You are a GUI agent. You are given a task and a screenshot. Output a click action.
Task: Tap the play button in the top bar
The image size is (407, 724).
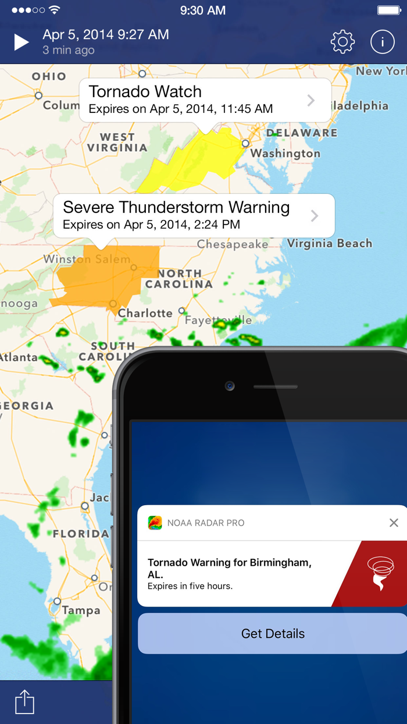tap(22, 42)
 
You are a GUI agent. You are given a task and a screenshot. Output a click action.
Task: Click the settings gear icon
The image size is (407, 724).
tap(342, 42)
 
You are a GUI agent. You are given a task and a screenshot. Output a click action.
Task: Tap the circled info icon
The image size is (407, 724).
tap(383, 42)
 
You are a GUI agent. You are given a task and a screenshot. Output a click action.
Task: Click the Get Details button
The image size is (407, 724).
tap(273, 634)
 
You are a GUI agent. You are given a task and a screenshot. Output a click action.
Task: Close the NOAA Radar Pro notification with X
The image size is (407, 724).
tap(394, 523)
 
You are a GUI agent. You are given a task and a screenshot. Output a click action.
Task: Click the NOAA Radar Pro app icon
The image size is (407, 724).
tap(155, 523)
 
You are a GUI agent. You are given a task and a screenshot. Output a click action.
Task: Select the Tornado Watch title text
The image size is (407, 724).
tap(145, 91)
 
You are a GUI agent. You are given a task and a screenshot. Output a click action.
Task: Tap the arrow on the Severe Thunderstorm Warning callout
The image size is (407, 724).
tap(315, 216)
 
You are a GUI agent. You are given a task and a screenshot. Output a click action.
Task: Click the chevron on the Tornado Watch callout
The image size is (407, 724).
tap(311, 100)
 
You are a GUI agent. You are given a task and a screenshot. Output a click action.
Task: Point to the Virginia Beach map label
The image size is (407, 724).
tap(330, 243)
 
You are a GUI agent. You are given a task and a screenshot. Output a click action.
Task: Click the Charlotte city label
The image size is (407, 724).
tap(145, 313)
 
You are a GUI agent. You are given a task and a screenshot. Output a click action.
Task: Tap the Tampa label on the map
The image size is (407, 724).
tap(81, 611)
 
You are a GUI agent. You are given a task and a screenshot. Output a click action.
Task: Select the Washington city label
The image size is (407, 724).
tap(285, 154)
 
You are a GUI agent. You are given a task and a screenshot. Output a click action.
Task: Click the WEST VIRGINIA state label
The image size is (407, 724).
tap(117, 143)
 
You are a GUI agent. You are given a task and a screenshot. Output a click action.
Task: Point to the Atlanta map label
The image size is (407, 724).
tap(19, 357)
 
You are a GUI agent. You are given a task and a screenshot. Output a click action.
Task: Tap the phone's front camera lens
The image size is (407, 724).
tap(230, 386)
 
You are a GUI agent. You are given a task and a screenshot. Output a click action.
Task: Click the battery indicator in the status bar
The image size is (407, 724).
tap(388, 10)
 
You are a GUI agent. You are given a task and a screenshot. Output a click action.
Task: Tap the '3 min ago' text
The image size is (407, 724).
tap(68, 51)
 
